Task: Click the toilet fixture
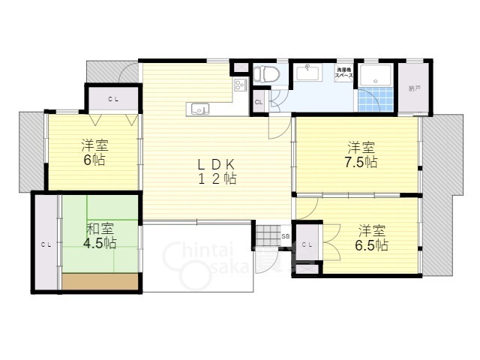pyautogui.click(x=262, y=76)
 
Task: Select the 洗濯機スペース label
pyautogui.click(x=344, y=74)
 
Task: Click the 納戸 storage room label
pyautogui.click(x=414, y=88)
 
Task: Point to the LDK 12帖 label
pyautogui.click(x=217, y=172)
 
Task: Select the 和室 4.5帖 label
pyautogui.click(x=100, y=235)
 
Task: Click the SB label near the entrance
pyautogui.click(x=285, y=236)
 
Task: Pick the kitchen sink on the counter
pyautogui.click(x=200, y=109)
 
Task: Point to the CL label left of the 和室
pyautogui.click(x=46, y=244)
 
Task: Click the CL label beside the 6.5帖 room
pyautogui.click(x=307, y=244)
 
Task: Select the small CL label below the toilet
pyautogui.click(x=259, y=102)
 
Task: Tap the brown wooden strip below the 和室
pyautogui.click(x=100, y=282)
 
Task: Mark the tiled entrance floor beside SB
pyautogui.click(x=265, y=237)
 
